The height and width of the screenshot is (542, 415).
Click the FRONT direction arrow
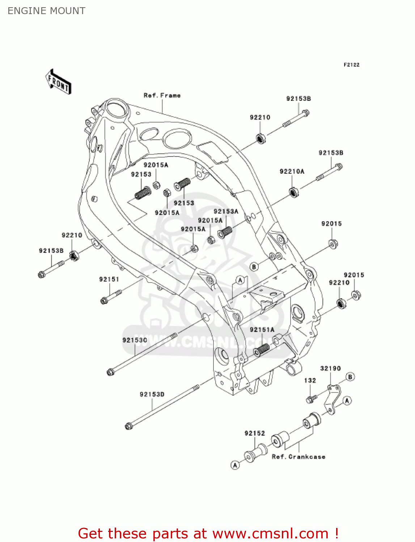click(x=58, y=82)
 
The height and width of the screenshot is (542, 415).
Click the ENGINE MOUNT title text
click(x=46, y=11)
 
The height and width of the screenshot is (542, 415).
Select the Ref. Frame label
click(x=162, y=95)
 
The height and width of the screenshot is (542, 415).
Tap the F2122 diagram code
click(x=351, y=65)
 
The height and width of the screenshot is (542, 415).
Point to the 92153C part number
click(x=135, y=340)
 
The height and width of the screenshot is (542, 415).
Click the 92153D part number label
click(x=152, y=394)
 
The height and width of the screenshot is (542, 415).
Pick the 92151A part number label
click(x=262, y=330)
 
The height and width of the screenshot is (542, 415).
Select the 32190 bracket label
click(x=330, y=368)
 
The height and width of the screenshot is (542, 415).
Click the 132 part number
click(x=310, y=380)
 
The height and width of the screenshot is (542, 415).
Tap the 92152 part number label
click(x=255, y=433)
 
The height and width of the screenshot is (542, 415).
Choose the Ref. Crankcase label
click(x=298, y=457)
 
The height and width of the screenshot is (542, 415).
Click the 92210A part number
click(x=292, y=171)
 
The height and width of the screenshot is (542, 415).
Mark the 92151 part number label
click(x=109, y=279)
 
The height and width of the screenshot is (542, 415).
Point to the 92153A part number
click(x=226, y=211)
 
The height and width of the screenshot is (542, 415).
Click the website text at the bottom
click(x=208, y=533)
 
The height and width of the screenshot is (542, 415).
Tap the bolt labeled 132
click(x=310, y=400)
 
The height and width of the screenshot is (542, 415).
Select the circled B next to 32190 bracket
click(x=350, y=377)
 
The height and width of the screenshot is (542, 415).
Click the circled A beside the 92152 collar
click(x=235, y=465)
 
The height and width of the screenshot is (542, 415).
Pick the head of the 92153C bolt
click(x=110, y=371)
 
